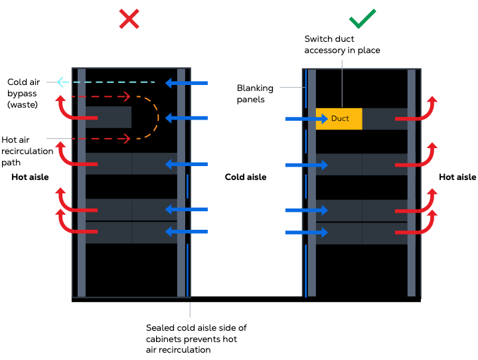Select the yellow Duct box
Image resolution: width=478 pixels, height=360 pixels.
339,118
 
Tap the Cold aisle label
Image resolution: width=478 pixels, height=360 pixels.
246,177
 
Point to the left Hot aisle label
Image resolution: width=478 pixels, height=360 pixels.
30,177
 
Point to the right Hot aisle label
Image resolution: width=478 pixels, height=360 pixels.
457,177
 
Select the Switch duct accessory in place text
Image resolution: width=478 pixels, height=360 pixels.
342,45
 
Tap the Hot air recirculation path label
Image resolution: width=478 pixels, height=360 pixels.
27,151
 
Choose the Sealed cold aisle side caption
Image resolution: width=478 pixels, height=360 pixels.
196,339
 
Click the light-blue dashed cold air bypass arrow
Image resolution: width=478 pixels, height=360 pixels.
106,82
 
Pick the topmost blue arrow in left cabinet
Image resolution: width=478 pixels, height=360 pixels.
187,83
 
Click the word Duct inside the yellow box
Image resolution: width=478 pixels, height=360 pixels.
340,118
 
